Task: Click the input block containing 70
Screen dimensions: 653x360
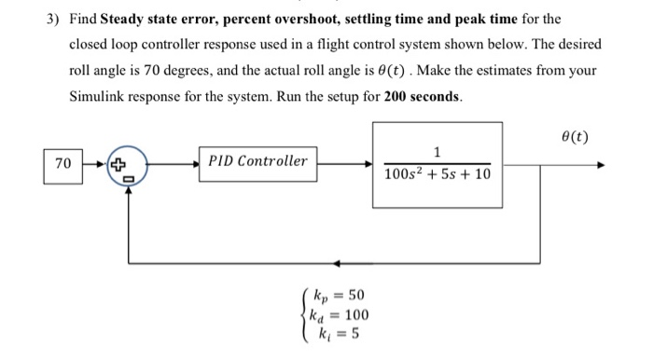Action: (63, 163)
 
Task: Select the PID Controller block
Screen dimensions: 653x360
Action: (257, 161)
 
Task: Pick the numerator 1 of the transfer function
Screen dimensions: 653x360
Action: (437, 153)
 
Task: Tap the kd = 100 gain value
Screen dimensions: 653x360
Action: (336, 314)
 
